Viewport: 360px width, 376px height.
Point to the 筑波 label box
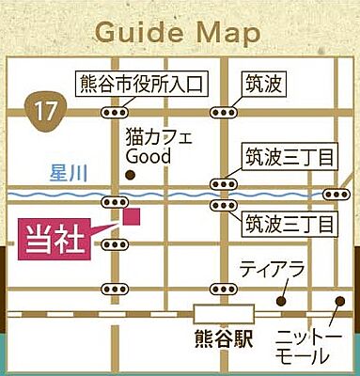tap(264, 83)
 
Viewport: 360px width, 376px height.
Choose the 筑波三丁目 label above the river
tap(290, 156)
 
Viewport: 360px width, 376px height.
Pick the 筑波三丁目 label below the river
tap(290, 224)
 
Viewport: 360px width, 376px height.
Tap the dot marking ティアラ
tap(280, 301)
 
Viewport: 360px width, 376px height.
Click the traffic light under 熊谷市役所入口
tap(115, 111)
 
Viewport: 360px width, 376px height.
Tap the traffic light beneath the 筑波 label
tap(223, 111)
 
